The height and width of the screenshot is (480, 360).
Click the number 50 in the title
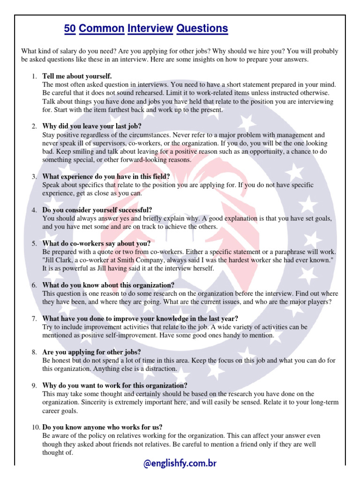click(x=70, y=29)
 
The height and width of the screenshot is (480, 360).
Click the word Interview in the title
click(x=150, y=29)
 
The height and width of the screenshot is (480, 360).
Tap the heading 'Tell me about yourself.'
click(x=77, y=76)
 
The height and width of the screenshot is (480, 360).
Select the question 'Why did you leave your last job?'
click(x=91, y=126)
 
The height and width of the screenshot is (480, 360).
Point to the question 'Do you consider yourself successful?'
click(x=97, y=210)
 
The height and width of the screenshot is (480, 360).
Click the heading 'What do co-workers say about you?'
click(x=97, y=243)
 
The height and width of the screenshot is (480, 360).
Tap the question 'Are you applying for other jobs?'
click(x=91, y=352)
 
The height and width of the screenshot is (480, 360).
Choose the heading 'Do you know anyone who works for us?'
click(x=102, y=427)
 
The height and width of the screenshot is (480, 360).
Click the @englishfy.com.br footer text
click(x=180, y=464)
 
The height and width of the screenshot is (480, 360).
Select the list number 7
click(x=34, y=319)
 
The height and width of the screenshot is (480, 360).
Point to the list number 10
click(x=36, y=427)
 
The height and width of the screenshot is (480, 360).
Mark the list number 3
click(x=34, y=177)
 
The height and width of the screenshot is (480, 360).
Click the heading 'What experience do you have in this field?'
click(x=106, y=177)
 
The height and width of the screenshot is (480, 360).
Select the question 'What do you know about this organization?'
click(x=108, y=285)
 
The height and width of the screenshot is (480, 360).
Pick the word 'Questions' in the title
click(x=202, y=29)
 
